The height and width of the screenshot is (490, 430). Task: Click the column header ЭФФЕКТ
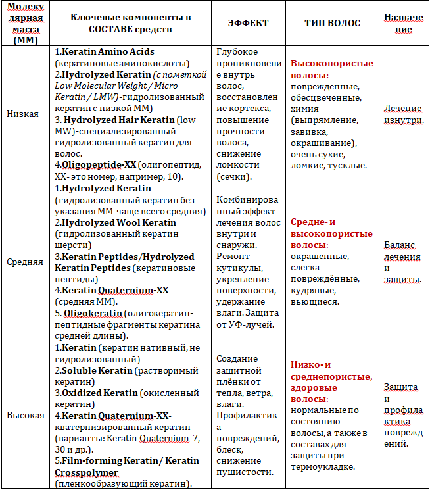[248, 23]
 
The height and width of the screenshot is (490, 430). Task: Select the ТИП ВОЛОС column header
[332, 23]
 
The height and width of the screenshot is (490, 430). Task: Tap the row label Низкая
[22, 113]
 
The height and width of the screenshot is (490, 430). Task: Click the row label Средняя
[25, 261]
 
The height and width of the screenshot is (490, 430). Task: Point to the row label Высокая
[25, 415]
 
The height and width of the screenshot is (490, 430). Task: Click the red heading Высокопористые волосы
[331, 69]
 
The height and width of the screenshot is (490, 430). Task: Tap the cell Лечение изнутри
[404, 113]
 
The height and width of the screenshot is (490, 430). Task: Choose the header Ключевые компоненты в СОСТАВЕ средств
[121, 24]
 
